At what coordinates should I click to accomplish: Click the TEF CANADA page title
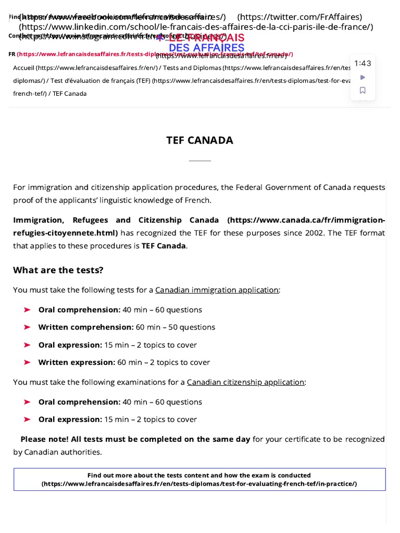pyautogui.click(x=199, y=140)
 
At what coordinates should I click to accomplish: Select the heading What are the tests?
pyautogui.click(x=58, y=270)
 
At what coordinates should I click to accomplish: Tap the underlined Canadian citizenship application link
pyautogui.click(x=245, y=382)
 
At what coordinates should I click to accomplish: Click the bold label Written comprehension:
pyautogui.click(x=86, y=327)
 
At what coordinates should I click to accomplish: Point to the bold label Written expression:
pyautogui.click(x=77, y=362)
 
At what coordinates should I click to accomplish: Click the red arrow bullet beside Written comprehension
pyautogui.click(x=27, y=327)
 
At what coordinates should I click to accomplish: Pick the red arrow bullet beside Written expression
pyautogui.click(x=27, y=362)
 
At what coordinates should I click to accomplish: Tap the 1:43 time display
pyautogui.click(x=362, y=64)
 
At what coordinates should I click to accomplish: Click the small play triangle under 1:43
pyautogui.click(x=363, y=78)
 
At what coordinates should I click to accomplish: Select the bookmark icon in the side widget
pyautogui.click(x=363, y=90)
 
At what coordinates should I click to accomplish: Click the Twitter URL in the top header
pyautogui.click(x=299, y=17)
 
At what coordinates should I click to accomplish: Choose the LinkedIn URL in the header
pyautogui.click(x=196, y=27)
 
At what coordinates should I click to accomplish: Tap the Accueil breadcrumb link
pyautogui.click(x=24, y=68)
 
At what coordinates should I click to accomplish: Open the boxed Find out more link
pyautogui.click(x=199, y=479)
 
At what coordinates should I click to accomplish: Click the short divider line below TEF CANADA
pyautogui.click(x=199, y=161)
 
